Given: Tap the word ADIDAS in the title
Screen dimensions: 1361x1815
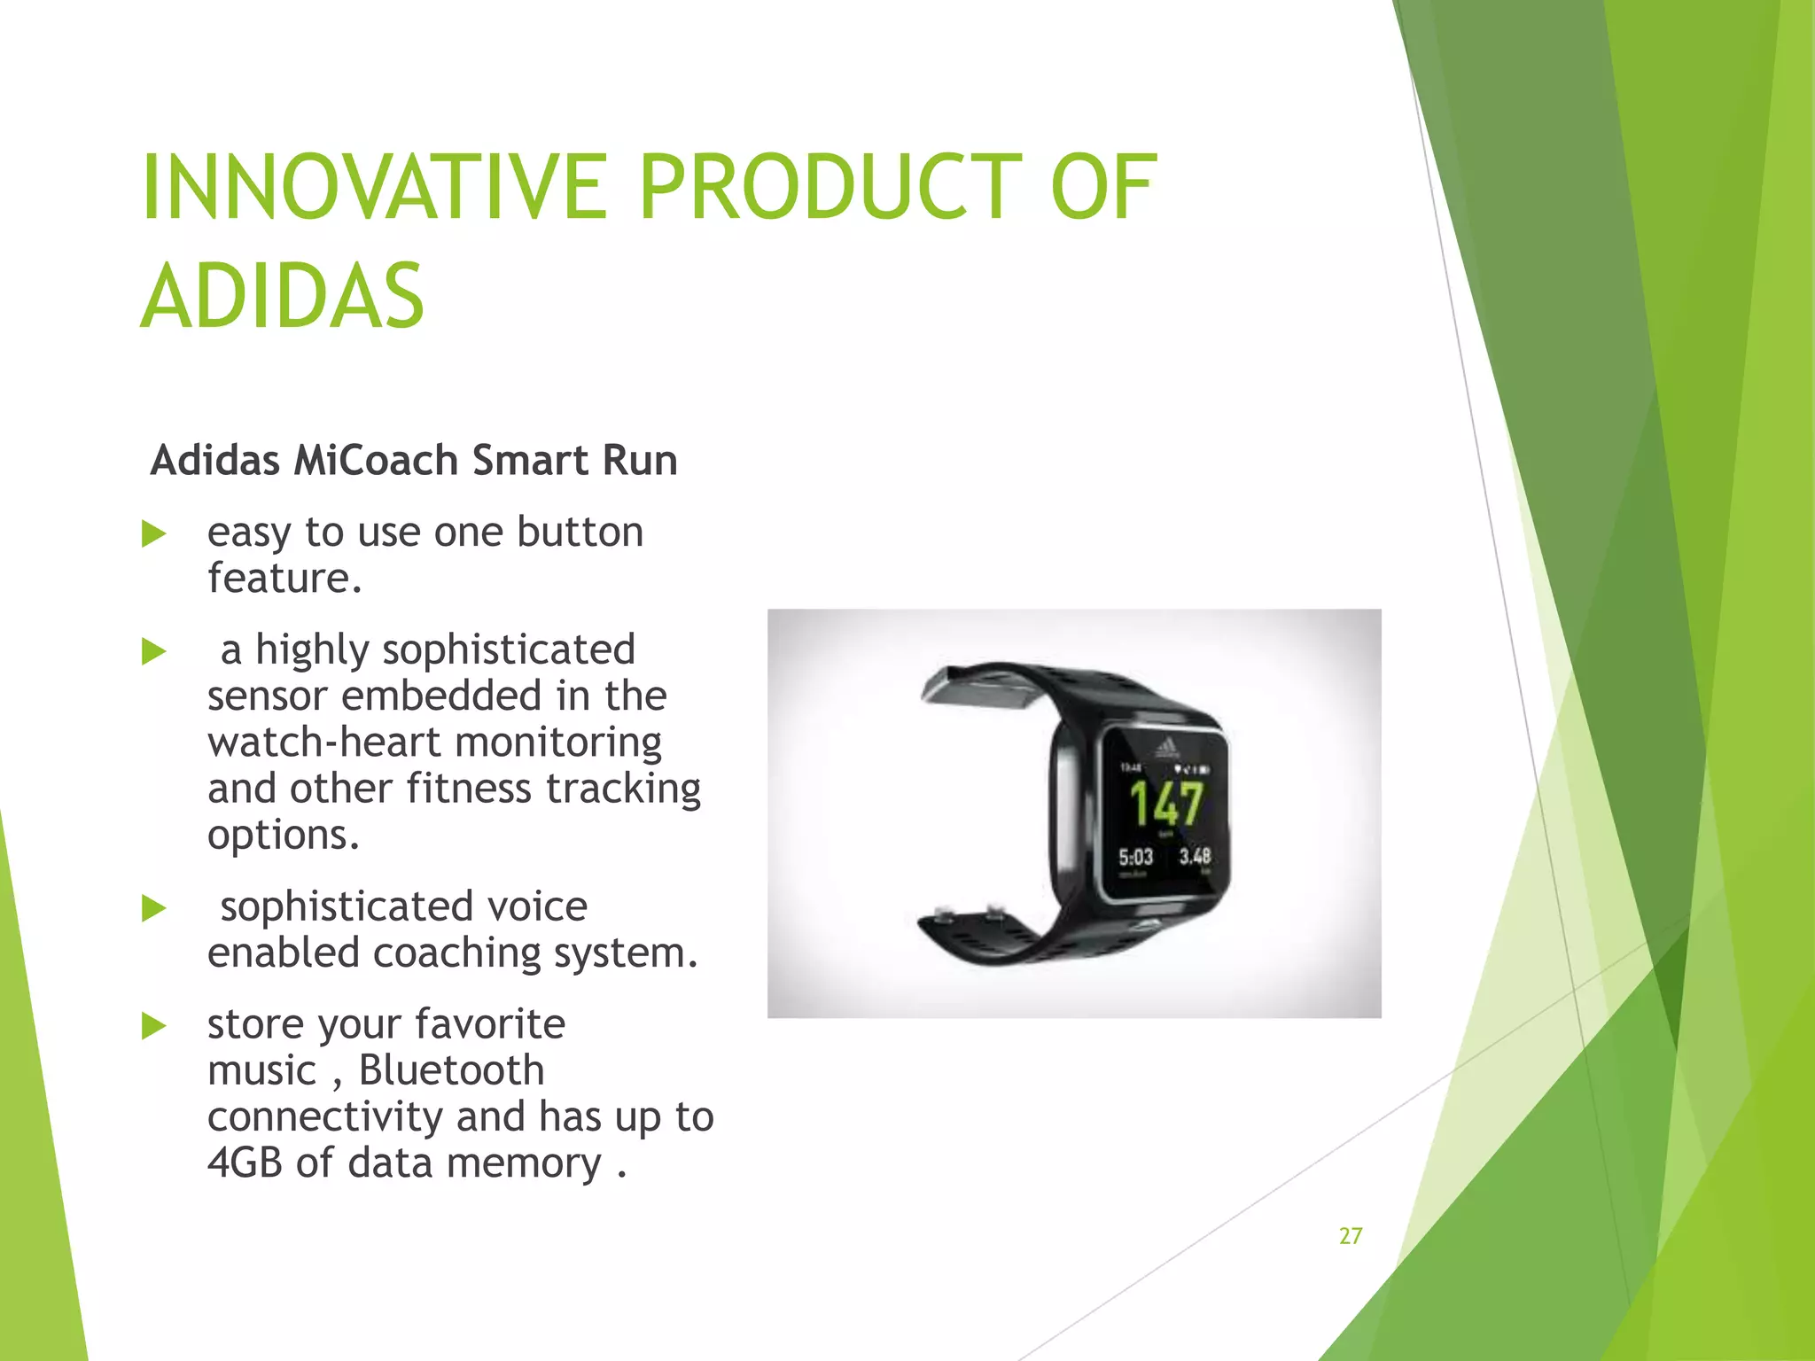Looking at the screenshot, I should [x=283, y=297].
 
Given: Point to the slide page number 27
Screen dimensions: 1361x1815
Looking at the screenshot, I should [x=1351, y=1236].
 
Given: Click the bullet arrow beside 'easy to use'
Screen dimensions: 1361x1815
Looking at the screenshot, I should [x=154, y=534].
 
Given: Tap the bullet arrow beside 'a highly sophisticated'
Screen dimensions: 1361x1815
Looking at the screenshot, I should [x=154, y=652].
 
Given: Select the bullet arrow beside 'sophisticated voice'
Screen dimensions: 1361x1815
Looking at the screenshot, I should [x=154, y=909].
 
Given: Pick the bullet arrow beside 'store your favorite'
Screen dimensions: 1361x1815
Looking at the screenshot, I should [x=154, y=1027].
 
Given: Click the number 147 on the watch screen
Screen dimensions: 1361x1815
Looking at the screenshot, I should [x=1166, y=804].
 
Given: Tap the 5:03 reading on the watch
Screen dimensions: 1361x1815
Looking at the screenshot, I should [x=1135, y=857].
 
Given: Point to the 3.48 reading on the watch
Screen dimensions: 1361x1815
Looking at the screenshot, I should [x=1195, y=856].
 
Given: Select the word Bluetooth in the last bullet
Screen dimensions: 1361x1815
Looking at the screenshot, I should [x=451, y=1070].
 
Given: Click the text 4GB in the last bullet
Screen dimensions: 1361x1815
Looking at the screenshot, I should [x=245, y=1163].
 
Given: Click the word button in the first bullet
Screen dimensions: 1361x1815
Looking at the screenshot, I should [x=580, y=533].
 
